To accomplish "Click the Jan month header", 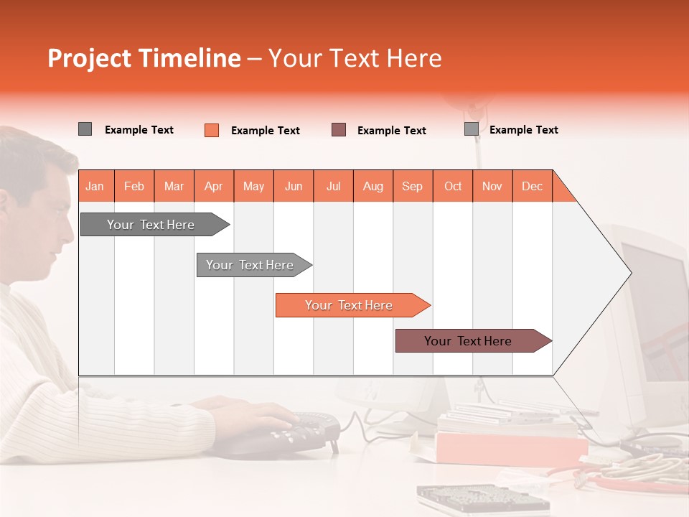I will [95, 186].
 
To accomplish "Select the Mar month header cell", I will [174, 186].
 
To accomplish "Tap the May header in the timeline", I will [253, 186].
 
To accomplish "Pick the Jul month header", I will [333, 186].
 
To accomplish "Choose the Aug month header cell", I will [372, 186].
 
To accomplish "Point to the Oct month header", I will [452, 186].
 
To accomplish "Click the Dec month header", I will [532, 186].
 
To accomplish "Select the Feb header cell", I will [134, 186].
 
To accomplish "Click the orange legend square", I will [212, 130].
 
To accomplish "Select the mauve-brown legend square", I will [339, 130].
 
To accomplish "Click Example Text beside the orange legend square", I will [265, 131].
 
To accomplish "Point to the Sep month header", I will [412, 186].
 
